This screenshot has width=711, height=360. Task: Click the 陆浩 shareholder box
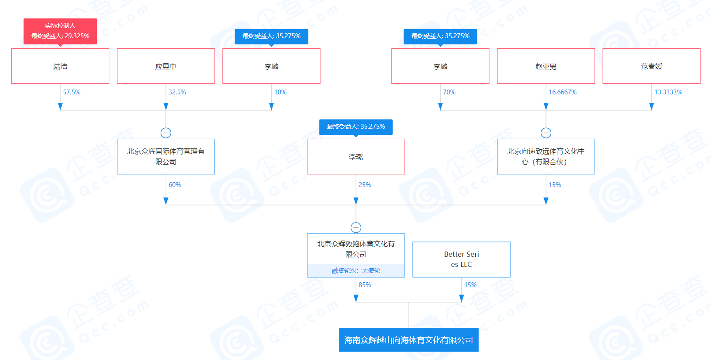(x=60, y=66)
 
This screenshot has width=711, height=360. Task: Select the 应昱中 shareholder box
(x=166, y=66)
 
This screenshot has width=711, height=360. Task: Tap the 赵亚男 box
(x=546, y=66)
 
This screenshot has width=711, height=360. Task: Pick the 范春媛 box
(x=651, y=66)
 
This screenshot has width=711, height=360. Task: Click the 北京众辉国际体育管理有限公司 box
(x=166, y=157)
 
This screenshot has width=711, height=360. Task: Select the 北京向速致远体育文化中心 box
(x=546, y=157)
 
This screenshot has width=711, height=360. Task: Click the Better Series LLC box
(x=461, y=259)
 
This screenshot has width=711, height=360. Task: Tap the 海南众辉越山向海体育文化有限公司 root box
(x=409, y=340)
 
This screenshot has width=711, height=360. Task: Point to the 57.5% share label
(x=72, y=92)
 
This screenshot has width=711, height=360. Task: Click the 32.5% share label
(x=177, y=92)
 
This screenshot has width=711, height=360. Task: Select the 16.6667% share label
(x=563, y=92)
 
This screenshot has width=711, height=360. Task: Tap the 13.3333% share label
(x=668, y=92)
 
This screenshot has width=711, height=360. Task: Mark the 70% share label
(x=449, y=92)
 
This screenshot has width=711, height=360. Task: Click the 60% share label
(x=175, y=185)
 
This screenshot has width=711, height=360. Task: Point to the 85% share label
(x=365, y=285)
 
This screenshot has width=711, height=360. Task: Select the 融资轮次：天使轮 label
(x=356, y=270)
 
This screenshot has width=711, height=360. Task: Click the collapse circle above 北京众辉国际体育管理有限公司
(x=166, y=133)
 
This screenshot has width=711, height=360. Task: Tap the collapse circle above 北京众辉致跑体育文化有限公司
(x=356, y=227)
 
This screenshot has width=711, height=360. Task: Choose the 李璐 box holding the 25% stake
(x=356, y=157)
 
